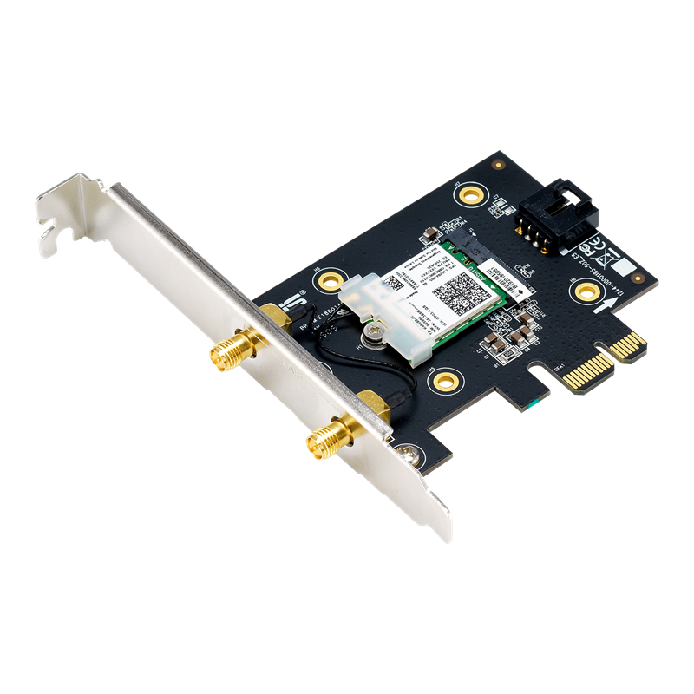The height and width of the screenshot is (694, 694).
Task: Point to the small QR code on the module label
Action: (395, 284)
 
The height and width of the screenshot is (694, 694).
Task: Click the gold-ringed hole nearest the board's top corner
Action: (474, 192)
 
